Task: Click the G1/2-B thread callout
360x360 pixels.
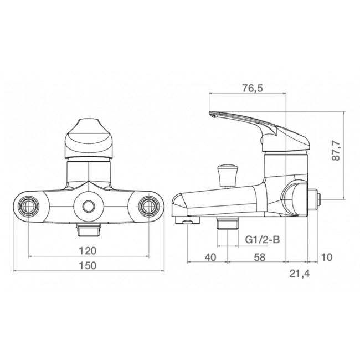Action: click(262, 239)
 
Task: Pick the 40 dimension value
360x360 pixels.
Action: click(211, 257)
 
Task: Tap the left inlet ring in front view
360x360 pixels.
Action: click(29, 207)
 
